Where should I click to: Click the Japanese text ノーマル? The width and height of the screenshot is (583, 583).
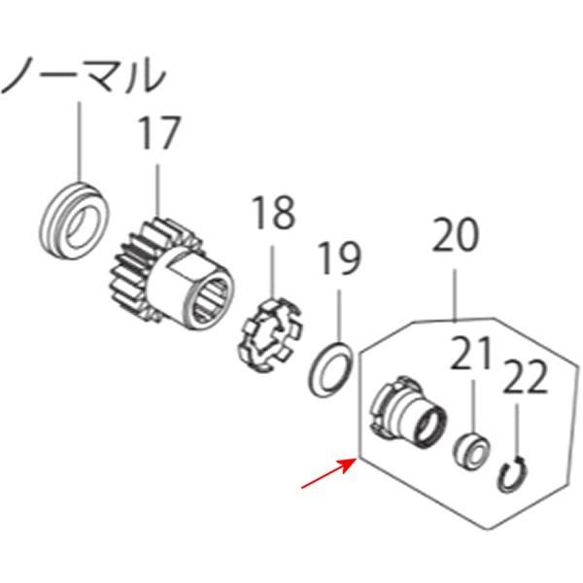click(82, 75)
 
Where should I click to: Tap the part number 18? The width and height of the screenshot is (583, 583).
click(273, 213)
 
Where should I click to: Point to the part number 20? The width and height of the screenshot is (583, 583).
click(455, 236)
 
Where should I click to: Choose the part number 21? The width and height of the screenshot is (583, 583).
click(472, 356)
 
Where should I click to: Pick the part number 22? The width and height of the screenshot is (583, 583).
click(525, 378)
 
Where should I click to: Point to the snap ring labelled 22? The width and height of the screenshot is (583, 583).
click(515, 473)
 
